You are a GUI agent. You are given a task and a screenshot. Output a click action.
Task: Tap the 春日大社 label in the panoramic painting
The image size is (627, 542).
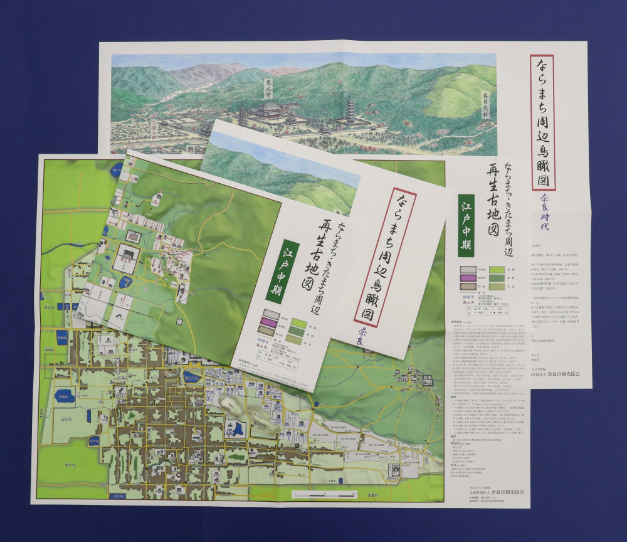point(485,107)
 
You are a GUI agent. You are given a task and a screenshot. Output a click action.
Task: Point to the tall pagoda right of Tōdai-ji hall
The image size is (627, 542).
point(349,109)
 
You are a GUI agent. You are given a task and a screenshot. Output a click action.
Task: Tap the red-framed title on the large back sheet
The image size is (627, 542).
point(542,122)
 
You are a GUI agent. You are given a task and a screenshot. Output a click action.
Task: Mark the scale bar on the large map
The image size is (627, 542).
point(316,494)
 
